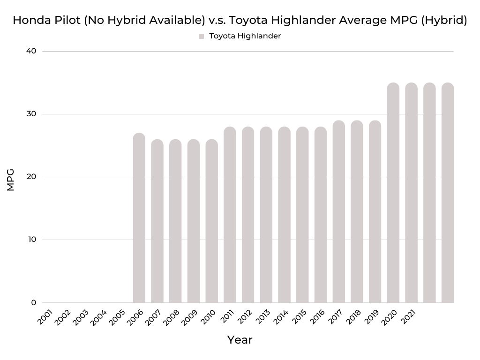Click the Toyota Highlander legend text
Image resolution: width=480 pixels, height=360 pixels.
click(245, 36)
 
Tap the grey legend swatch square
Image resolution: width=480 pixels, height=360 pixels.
click(201, 36)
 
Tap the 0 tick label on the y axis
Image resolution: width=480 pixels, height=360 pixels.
click(34, 302)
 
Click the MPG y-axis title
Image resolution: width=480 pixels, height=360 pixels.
click(11, 180)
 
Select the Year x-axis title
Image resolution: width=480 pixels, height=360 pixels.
click(240, 340)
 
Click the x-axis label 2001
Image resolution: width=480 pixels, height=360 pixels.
click(45, 318)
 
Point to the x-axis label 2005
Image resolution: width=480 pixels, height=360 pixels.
click(117, 318)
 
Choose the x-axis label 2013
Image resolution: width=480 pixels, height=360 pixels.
click(262, 318)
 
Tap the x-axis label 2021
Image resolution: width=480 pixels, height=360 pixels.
click(407, 318)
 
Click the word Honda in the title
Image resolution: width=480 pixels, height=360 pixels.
click(30, 21)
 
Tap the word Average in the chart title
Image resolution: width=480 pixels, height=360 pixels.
click(363, 21)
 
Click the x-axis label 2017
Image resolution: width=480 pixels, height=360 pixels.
click(335, 318)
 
